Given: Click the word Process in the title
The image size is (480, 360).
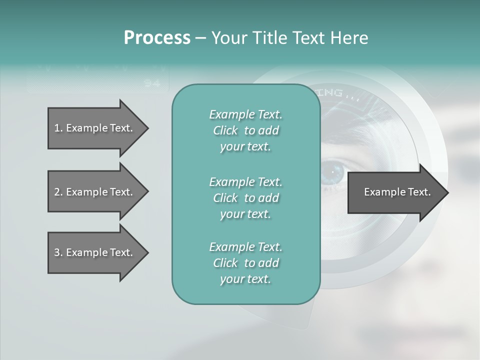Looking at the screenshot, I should (157, 38).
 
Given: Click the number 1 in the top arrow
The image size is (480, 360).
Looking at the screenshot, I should (56, 128).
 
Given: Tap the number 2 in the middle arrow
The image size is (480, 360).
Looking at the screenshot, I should (57, 192).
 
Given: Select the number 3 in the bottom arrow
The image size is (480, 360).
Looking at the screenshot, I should (57, 252).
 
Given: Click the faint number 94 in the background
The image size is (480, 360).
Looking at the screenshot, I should (152, 83).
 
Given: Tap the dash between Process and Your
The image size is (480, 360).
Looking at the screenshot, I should (200, 38).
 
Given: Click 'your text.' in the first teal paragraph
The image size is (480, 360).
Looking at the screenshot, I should (245, 147).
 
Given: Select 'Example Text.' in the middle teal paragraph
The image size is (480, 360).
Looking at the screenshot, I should (245, 181).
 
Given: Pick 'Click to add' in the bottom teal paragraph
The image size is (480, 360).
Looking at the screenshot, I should (245, 263).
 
